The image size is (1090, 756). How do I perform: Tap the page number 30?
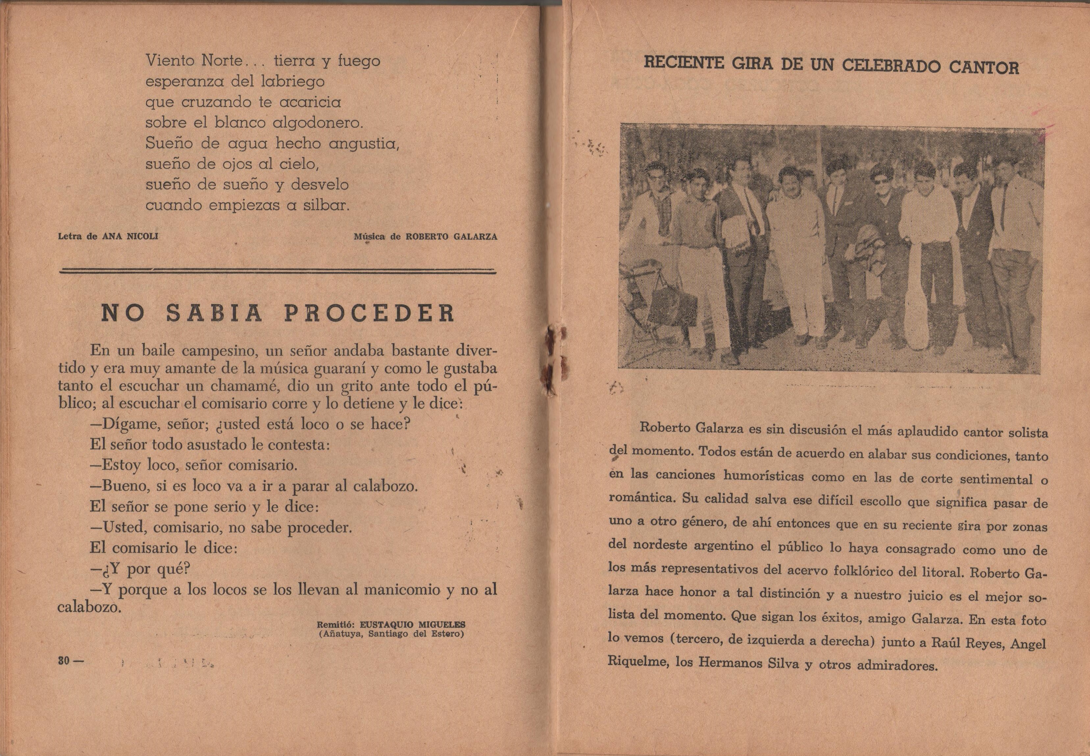point(64,661)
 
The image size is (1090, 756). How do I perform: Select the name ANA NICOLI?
point(130,236)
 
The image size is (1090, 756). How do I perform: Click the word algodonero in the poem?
point(318,123)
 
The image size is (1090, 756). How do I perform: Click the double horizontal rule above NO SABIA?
point(277,271)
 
